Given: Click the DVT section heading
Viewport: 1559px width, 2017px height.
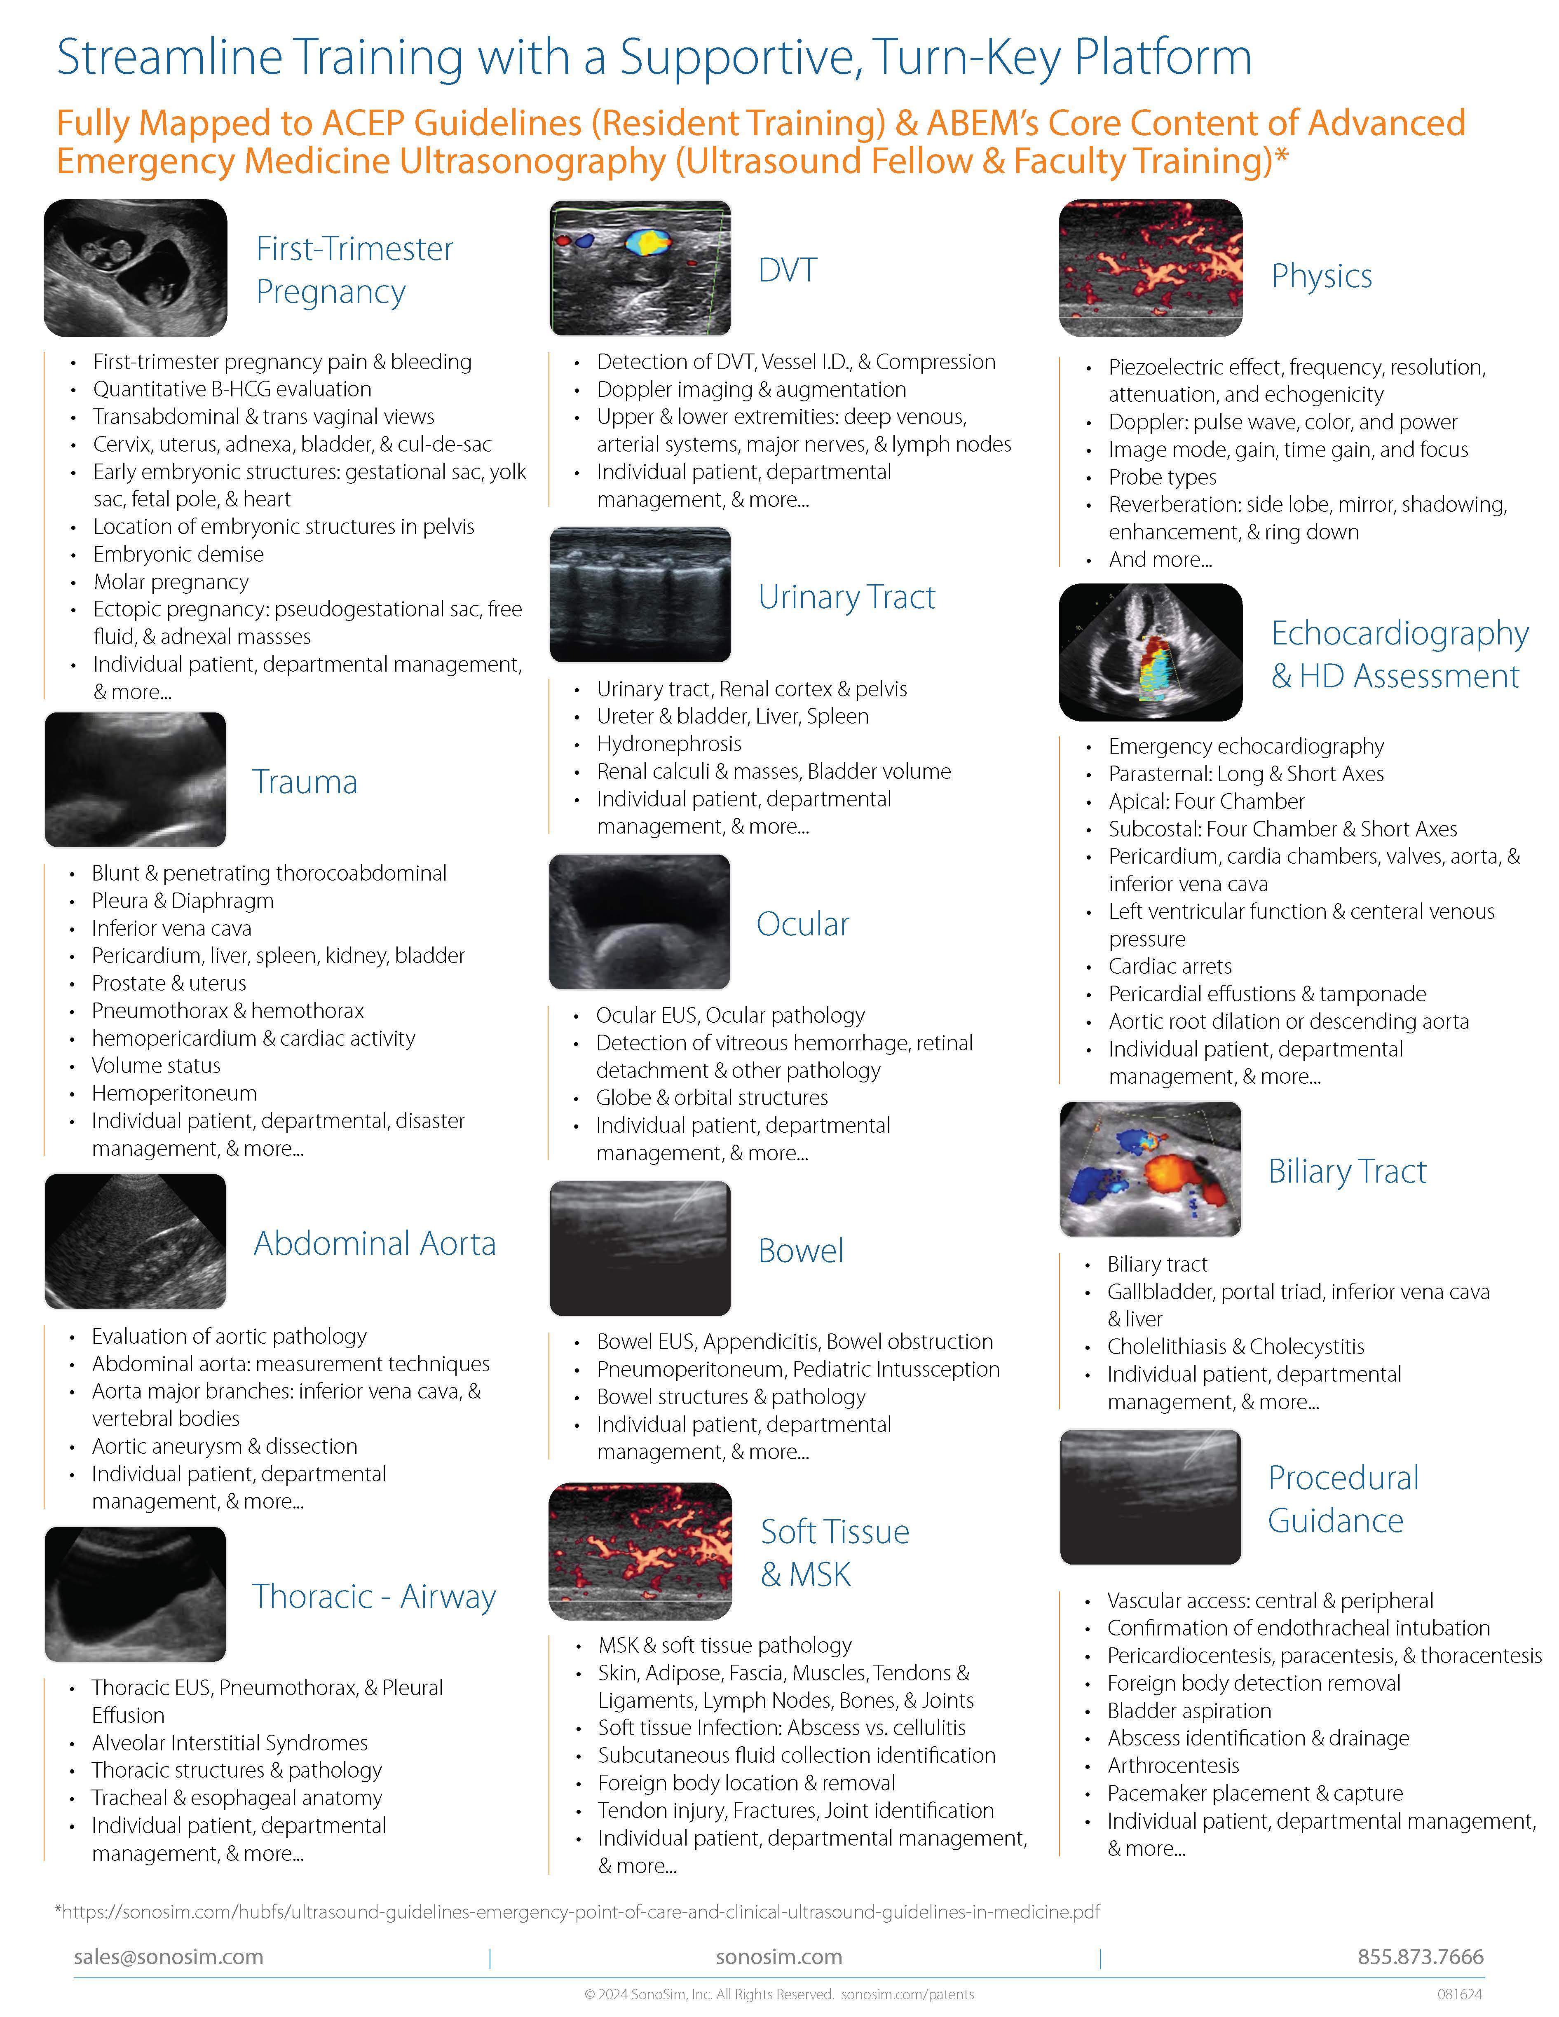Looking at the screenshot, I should pos(787,269).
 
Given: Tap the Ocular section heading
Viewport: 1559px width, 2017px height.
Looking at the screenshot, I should pos(802,923).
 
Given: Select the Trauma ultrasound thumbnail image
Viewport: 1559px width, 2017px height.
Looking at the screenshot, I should pos(135,780).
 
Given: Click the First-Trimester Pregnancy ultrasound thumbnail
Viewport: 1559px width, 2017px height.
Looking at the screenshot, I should pos(135,268).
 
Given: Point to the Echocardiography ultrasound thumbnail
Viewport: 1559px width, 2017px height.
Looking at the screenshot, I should pos(1150,652).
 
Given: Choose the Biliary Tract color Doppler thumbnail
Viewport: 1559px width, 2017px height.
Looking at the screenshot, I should pos(1150,1169).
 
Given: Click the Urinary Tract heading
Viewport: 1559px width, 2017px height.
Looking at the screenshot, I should pos(846,597).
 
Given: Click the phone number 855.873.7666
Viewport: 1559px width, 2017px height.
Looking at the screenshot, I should pos(1420,1956).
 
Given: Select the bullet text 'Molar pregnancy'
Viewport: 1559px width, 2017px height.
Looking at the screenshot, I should pos(171,582).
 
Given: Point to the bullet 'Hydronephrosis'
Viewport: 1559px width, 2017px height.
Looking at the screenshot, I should pos(669,743).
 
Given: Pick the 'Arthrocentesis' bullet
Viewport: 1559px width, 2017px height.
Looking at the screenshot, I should pos(1173,1765).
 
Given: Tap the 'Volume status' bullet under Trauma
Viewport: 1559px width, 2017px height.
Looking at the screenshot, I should pos(156,1065).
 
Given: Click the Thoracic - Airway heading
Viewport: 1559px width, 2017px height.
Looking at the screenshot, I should pos(374,1596).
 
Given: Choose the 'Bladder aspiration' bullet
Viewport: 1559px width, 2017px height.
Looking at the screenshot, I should pos(1189,1710).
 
